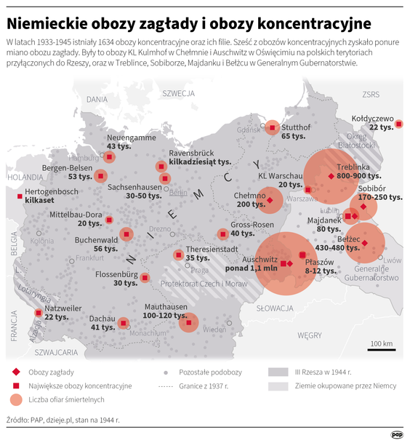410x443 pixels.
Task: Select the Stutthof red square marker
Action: (x=272, y=128)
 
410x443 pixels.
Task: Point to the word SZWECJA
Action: (x=178, y=94)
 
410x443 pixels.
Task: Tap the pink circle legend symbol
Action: (x=15, y=399)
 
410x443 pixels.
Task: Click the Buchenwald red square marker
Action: (x=127, y=234)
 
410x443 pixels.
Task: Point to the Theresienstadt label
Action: (x=212, y=249)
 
